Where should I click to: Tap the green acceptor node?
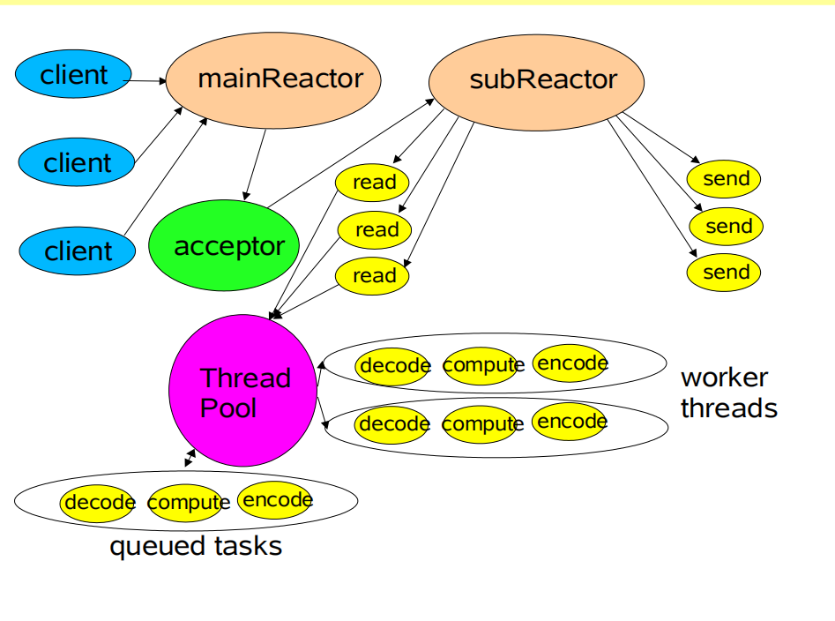[224, 246]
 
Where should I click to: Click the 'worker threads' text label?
[728, 393]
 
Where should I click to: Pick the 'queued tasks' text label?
[196, 546]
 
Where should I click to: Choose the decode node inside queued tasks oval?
[97, 503]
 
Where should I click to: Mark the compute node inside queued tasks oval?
[185, 503]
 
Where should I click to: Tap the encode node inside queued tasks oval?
[275, 500]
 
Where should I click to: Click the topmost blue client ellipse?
[73, 75]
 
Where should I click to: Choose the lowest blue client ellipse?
[78, 251]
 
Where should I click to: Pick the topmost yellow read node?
[373, 183]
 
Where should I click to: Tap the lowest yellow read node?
[373, 275]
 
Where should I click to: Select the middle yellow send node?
[727, 227]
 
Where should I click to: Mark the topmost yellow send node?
[725, 179]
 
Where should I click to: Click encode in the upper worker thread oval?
[571, 363]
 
